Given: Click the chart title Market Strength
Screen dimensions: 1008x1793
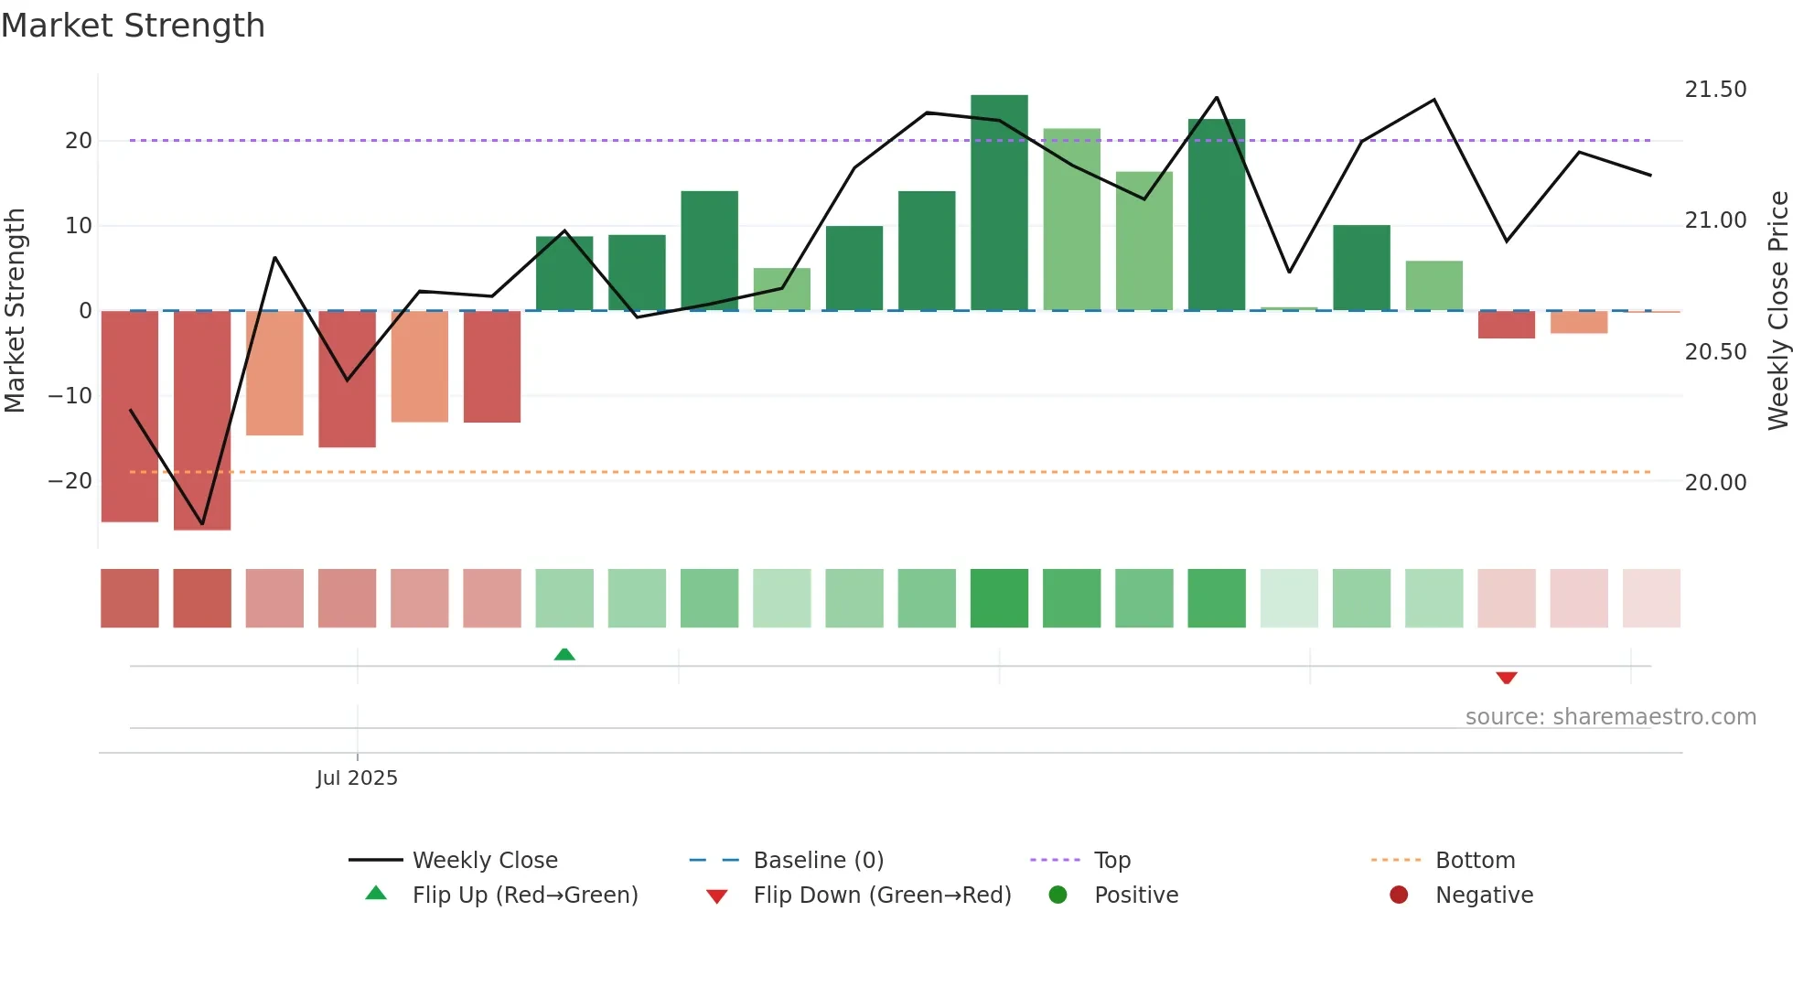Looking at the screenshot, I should click(133, 26).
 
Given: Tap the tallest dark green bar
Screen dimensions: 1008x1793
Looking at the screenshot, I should click(999, 202).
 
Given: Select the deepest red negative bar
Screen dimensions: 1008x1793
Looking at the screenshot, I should click(202, 420).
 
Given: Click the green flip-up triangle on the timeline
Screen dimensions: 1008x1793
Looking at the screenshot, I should click(564, 654).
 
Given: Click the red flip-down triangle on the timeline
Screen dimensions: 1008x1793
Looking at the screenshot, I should click(1507, 678).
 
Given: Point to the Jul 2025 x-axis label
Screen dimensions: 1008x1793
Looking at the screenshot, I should click(357, 777).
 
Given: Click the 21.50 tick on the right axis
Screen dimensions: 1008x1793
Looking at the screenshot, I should click(1715, 90).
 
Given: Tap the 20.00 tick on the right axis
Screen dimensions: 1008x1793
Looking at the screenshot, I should click(1715, 482).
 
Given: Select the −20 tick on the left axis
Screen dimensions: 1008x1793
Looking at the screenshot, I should click(70, 480).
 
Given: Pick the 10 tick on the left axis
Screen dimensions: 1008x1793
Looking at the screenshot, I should click(79, 225).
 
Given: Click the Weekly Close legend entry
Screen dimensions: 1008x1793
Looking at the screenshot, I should click(484, 860).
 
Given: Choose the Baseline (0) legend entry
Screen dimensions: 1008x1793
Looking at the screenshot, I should click(818, 860).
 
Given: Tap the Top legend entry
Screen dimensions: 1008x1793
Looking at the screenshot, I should click(1112, 860).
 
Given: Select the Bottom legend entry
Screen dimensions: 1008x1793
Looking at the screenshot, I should click(1475, 860).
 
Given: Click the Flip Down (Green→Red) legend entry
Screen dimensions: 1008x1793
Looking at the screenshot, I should click(882, 895).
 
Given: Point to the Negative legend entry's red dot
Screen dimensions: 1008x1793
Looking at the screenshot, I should click(1399, 895).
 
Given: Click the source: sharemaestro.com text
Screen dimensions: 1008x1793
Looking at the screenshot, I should click(1610, 716).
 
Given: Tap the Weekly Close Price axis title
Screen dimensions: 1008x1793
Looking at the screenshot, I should click(1777, 310).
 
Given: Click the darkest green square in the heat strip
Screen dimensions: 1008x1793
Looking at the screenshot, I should click(999, 598).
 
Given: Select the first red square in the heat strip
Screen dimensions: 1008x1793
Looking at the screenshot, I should click(130, 598).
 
